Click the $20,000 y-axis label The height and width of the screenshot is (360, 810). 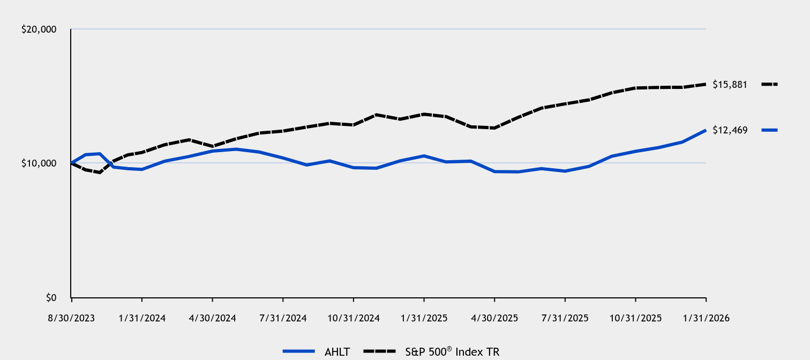click(39, 29)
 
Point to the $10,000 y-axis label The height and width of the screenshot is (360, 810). click(39, 163)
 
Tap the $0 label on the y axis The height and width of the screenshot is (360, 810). click(49, 297)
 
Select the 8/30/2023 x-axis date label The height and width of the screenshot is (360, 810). click(71, 318)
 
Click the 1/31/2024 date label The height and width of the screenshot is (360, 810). click(141, 318)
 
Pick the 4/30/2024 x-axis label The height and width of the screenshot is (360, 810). click(212, 318)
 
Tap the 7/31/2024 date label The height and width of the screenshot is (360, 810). click(282, 318)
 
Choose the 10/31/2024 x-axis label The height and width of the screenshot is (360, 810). click(353, 318)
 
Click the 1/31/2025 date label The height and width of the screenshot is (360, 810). click(424, 318)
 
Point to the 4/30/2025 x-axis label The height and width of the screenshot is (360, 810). click(494, 318)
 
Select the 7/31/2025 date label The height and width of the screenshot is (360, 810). click(565, 318)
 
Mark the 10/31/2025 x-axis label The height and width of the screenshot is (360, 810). click(635, 318)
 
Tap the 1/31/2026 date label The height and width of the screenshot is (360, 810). click(706, 318)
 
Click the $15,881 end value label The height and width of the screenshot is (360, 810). click(730, 85)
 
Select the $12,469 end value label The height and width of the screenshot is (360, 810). click(730, 130)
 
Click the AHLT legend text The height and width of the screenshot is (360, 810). click(337, 351)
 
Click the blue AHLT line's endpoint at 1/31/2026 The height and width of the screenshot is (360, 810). click(706, 130)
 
